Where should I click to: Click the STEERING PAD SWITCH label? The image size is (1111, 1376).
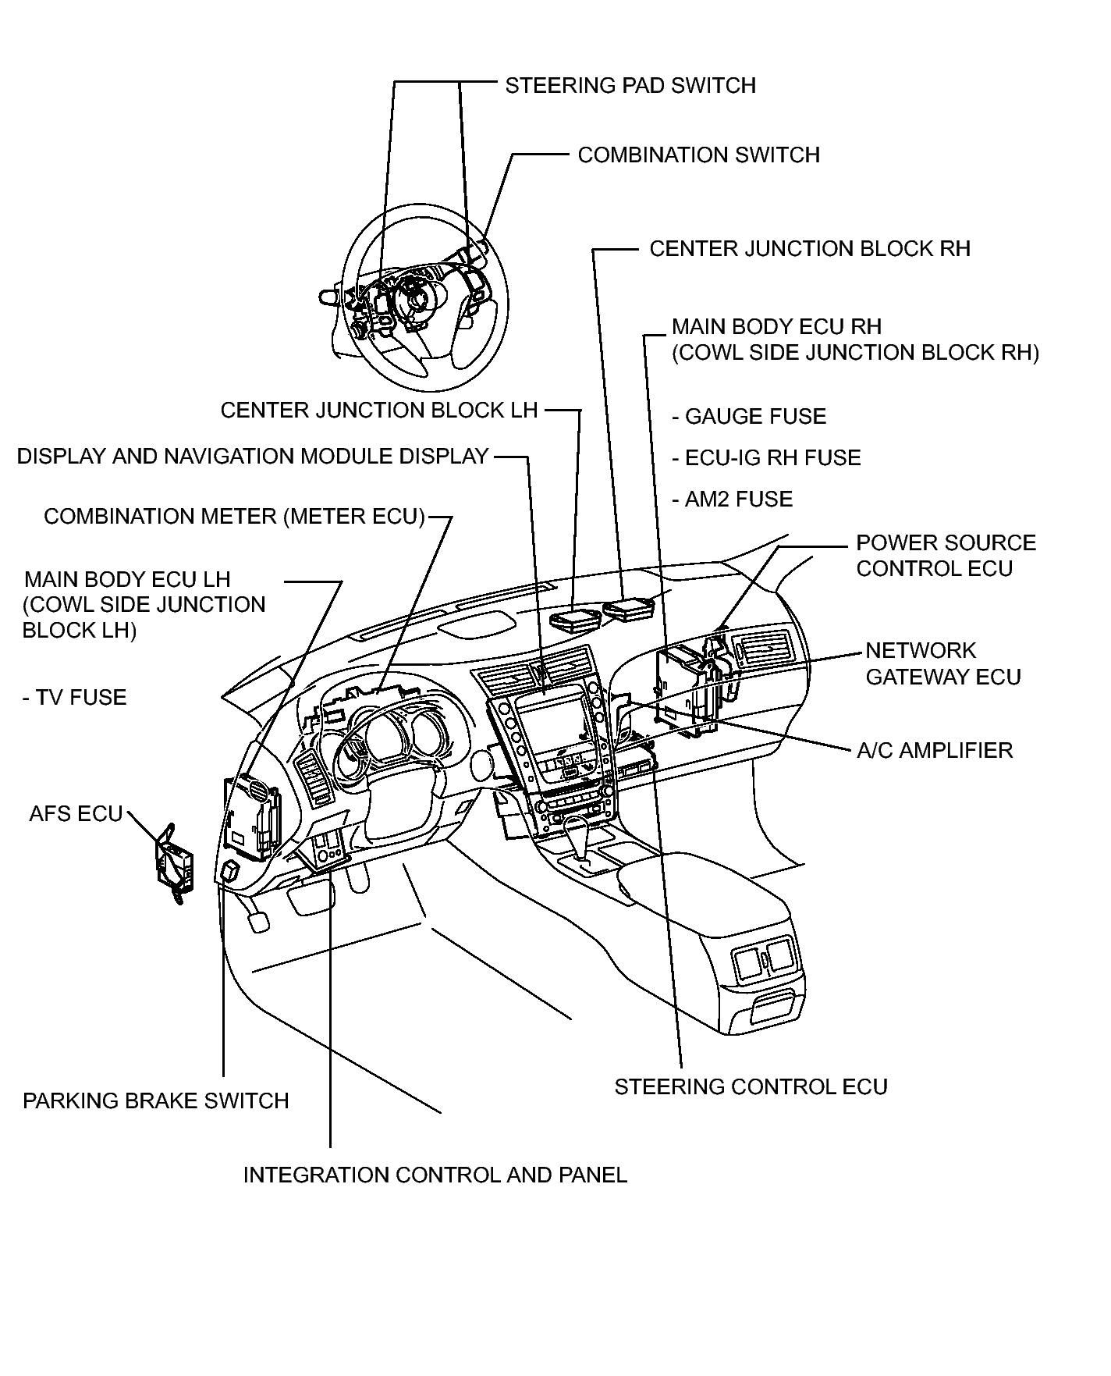click(630, 85)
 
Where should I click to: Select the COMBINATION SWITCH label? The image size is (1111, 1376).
click(699, 155)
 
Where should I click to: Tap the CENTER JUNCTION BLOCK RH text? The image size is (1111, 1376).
click(810, 248)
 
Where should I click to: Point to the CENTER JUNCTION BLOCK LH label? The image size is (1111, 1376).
click(379, 410)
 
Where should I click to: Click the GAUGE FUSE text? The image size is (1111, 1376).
click(749, 416)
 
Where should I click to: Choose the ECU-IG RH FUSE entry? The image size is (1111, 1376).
click(766, 457)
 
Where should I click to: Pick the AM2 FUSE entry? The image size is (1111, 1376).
click(732, 499)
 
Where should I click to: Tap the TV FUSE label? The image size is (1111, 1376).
click(74, 697)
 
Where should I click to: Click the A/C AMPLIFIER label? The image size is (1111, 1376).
click(935, 750)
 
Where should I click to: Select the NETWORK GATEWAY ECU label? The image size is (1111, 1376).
click(943, 663)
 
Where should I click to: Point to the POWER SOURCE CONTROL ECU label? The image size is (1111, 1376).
click(946, 555)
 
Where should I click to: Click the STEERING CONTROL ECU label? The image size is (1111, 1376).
click(751, 1086)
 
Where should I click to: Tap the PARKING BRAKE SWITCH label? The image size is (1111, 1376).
click(156, 1100)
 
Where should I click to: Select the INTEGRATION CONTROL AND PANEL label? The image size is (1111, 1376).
click(435, 1175)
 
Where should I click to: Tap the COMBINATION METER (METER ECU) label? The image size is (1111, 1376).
click(234, 516)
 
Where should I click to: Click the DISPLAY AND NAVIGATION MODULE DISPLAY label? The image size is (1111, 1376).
click(253, 456)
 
